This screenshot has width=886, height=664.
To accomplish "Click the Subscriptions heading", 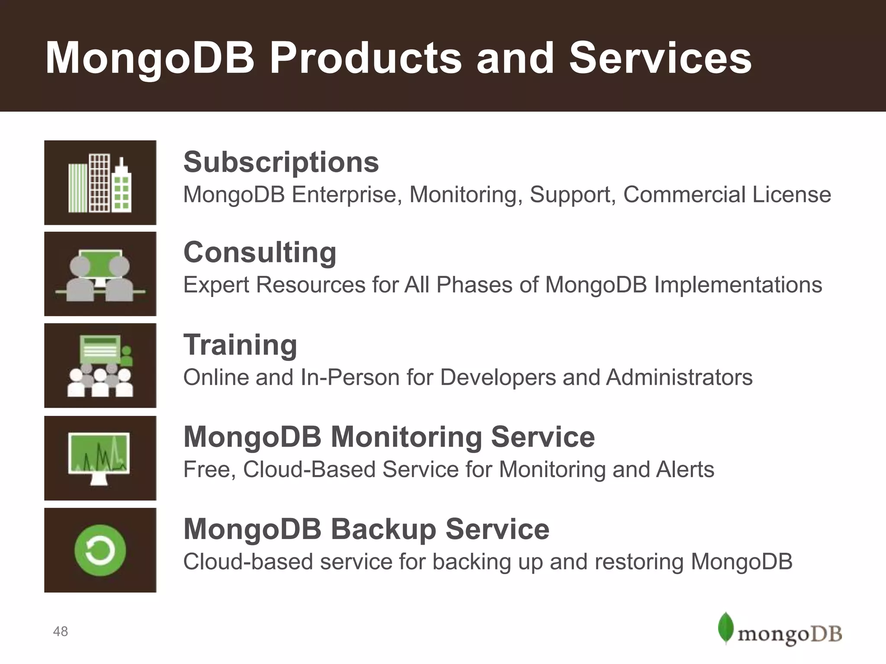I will click(x=281, y=162).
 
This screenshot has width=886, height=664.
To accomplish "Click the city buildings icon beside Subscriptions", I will click(x=100, y=183).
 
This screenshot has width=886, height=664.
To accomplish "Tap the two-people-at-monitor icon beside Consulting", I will click(x=100, y=275).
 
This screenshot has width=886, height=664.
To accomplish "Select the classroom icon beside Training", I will click(x=100, y=366).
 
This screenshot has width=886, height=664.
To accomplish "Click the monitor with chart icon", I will click(x=99, y=457).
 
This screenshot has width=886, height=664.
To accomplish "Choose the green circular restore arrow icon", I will click(x=100, y=550).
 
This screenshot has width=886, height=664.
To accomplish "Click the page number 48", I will click(x=61, y=632).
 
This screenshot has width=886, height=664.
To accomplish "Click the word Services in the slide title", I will click(x=660, y=58).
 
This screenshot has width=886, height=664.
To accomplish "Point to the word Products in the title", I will click(x=366, y=58).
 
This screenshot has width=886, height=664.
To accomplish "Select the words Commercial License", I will click(x=727, y=195).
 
